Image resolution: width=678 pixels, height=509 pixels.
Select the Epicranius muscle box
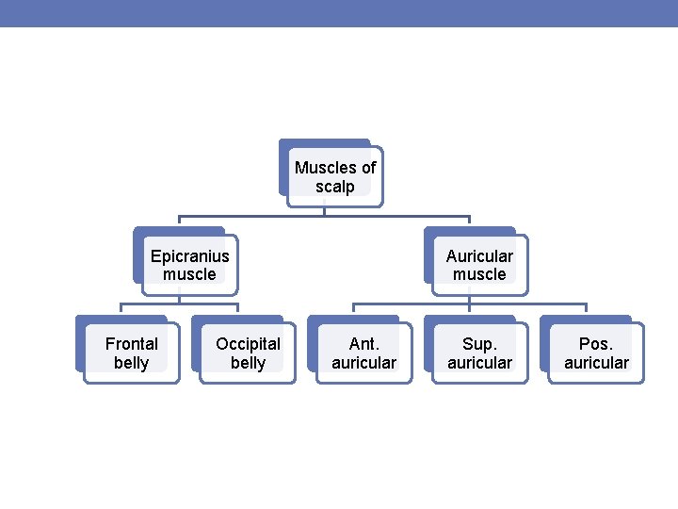[x=189, y=265]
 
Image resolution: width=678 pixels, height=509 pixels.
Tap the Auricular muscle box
[x=479, y=265]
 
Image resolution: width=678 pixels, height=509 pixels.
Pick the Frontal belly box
[x=131, y=353]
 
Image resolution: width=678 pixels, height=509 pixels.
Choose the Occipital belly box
[x=248, y=353]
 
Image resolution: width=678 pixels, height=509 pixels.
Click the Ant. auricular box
[x=363, y=353]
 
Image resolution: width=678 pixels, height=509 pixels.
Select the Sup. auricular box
[x=480, y=353]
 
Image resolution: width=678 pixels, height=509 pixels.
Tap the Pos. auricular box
[x=596, y=353]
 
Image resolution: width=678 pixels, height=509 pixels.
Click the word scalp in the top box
[x=335, y=187]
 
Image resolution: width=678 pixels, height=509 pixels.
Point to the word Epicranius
[x=189, y=255]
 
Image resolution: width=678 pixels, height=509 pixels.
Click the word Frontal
[x=131, y=344]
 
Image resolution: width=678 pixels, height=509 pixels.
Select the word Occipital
[x=248, y=344]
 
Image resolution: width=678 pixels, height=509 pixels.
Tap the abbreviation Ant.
[x=363, y=344]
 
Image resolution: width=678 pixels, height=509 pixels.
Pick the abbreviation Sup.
[x=480, y=344]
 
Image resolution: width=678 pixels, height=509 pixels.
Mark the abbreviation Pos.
[x=596, y=344]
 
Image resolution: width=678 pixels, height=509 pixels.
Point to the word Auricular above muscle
[x=479, y=255]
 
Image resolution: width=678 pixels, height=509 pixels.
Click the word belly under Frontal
[x=131, y=363]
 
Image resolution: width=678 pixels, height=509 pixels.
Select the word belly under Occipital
[x=248, y=363]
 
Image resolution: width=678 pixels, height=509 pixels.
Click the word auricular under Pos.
[x=596, y=363]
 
